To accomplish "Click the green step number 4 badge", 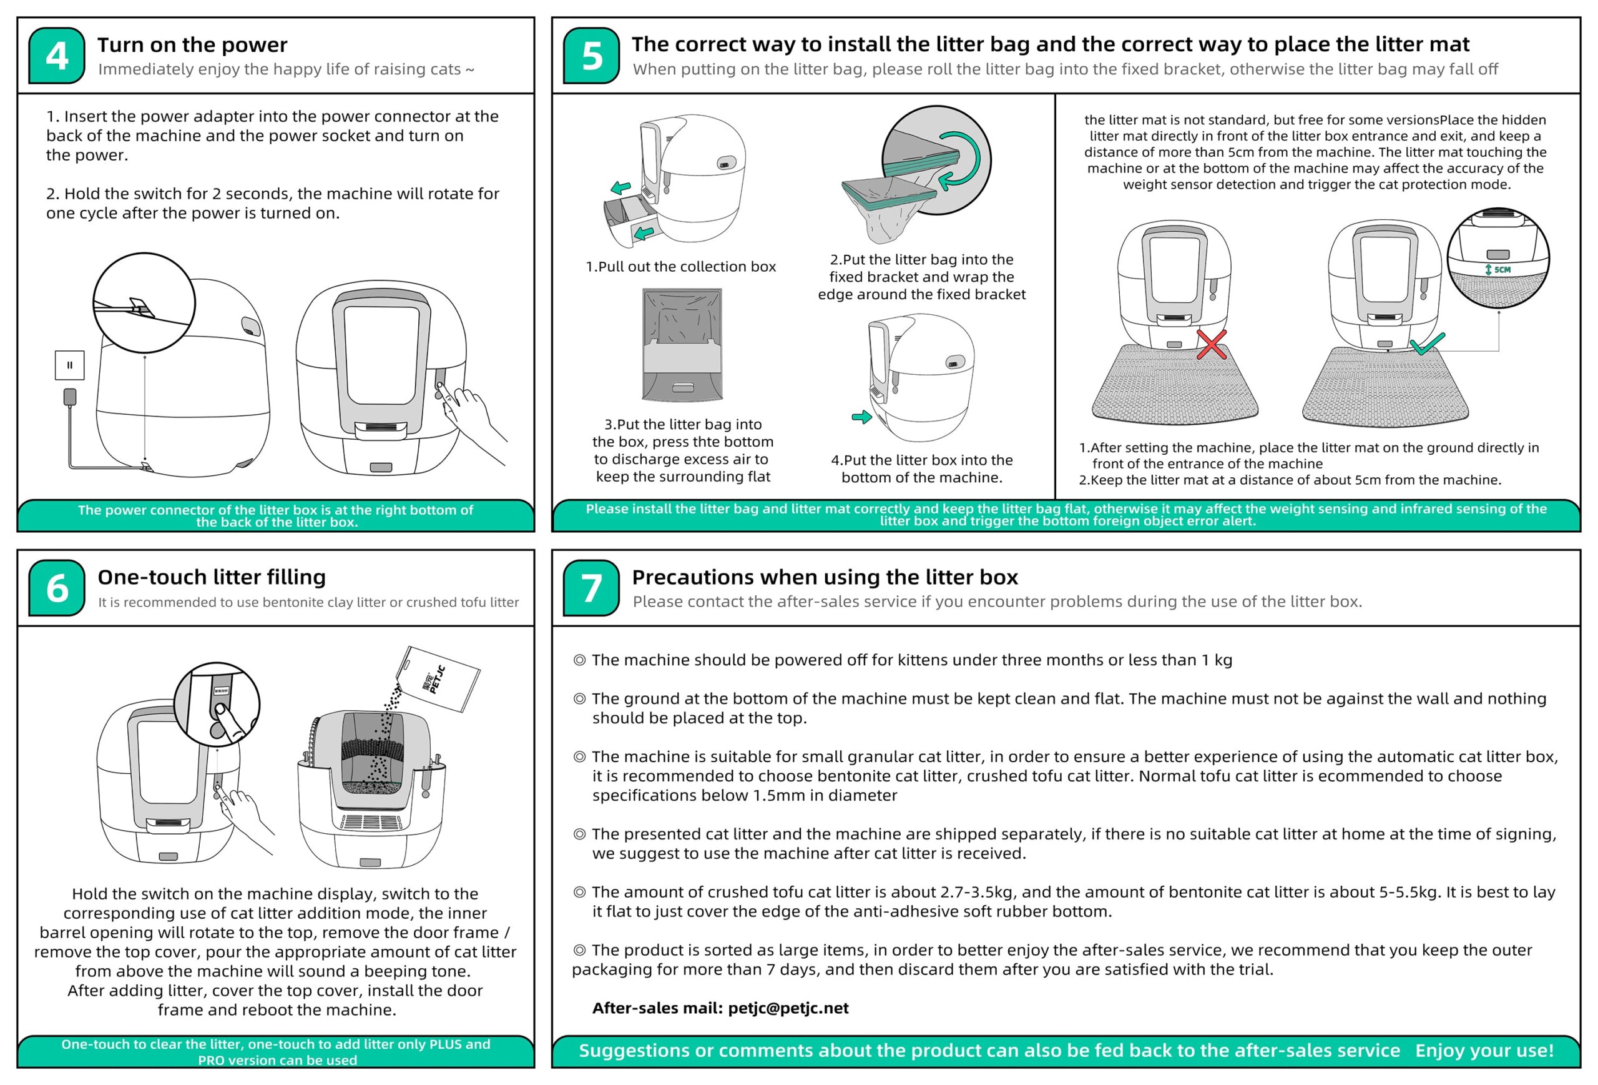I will (x=56, y=56).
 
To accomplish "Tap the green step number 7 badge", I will (x=591, y=588).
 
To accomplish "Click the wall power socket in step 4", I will (x=69, y=365).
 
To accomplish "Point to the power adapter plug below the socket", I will (x=69, y=397).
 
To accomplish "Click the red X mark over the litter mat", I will (x=1211, y=345).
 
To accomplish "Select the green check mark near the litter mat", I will (x=1426, y=344).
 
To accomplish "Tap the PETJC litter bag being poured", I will (x=440, y=679).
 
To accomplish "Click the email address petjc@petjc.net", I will (x=788, y=1008).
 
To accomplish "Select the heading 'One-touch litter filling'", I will (x=211, y=577).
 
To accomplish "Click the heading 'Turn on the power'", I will (x=192, y=45).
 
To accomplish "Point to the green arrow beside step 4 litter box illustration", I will (x=861, y=417).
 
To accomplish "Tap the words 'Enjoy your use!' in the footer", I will (x=1484, y=1051).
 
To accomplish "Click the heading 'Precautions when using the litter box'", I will (x=824, y=577).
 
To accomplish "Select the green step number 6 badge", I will (x=56, y=588).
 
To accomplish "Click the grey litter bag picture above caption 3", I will (x=682, y=345).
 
